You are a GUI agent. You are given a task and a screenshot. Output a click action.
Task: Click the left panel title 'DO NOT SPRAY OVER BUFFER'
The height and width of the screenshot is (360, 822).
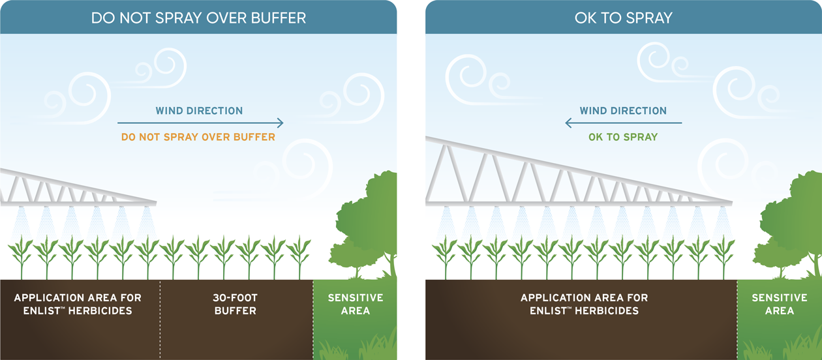[x=198, y=18]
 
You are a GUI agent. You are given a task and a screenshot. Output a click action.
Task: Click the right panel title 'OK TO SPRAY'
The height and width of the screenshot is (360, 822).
[x=624, y=18]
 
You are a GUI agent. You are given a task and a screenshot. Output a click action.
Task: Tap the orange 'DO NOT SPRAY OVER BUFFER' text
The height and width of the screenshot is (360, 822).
[x=198, y=137]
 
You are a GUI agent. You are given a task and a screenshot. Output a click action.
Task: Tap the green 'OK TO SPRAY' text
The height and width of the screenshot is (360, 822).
[x=623, y=137]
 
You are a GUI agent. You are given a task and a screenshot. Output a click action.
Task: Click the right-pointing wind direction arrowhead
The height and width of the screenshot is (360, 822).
[x=281, y=123]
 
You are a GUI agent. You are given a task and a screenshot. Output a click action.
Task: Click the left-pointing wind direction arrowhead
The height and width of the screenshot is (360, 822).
[x=568, y=123]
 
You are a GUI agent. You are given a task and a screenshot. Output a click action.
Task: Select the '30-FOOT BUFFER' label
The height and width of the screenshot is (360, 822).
[x=236, y=304]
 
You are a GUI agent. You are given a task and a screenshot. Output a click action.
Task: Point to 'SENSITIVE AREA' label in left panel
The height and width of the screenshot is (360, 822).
[x=356, y=304]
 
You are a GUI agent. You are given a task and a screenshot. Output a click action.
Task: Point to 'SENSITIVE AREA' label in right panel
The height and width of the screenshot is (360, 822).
[x=780, y=304]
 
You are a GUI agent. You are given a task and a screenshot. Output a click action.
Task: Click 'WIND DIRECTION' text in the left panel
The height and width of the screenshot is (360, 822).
[x=199, y=111]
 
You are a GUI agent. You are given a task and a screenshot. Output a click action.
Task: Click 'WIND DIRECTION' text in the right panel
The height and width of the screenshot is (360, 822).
[x=623, y=111]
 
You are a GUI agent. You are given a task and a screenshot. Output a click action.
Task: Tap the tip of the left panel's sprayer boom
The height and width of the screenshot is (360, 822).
[x=155, y=203]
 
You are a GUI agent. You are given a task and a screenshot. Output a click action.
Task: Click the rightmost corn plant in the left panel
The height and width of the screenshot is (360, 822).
[x=299, y=258]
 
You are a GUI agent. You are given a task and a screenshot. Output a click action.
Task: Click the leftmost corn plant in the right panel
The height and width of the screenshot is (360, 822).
[x=445, y=258]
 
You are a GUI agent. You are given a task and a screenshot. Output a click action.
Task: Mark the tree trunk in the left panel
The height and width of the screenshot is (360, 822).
[x=393, y=265]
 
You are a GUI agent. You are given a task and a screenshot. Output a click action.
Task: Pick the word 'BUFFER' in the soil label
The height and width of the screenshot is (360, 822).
[x=236, y=311]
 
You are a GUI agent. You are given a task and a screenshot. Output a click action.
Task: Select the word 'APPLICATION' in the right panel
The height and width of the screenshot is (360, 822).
[x=554, y=297]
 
